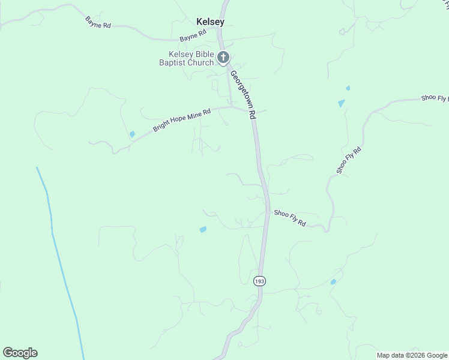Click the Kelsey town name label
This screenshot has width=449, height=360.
click(210, 22)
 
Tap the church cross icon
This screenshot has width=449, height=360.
click(223, 58)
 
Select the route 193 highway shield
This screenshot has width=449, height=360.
click(259, 281)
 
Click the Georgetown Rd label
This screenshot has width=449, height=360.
click(243, 94)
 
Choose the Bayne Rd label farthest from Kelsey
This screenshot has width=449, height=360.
click(98, 23)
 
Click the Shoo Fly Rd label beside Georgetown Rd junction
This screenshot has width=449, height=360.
click(290, 217)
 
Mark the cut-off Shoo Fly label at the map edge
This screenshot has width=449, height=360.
click(434, 98)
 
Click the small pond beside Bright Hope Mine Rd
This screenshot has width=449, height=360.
click(132, 134)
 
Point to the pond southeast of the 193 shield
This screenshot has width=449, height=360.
click(333, 281)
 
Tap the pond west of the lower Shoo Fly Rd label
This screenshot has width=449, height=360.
click(203, 229)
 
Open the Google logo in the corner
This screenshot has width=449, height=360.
click(20, 353)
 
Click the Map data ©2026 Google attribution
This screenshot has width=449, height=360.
click(412, 355)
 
